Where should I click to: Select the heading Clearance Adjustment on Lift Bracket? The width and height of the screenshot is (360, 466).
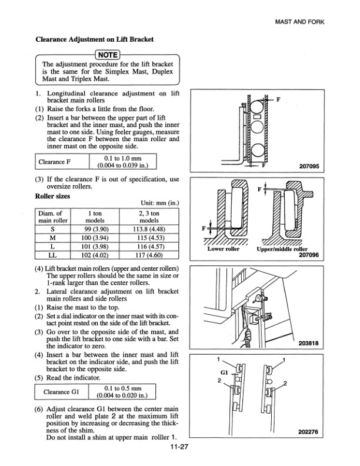tap(95, 39)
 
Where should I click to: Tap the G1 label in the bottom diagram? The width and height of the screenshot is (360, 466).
tap(224, 373)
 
